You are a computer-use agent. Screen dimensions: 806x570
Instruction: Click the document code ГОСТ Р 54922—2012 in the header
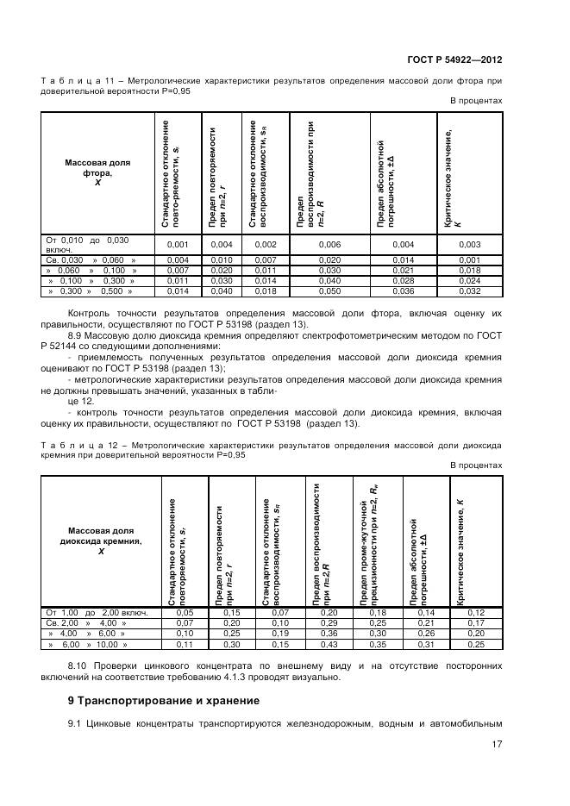coord(454,60)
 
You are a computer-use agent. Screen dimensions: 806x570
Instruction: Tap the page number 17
coord(497,745)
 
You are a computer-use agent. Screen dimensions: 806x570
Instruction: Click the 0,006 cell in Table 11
coord(329,245)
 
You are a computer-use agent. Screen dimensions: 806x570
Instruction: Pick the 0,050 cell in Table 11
coord(329,291)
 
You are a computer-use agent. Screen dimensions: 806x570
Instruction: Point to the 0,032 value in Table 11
coord(470,291)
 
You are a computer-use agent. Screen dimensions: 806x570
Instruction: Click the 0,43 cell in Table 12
coord(329,644)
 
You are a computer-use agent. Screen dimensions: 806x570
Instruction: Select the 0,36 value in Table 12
coord(329,634)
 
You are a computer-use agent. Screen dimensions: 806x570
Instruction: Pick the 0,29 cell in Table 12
coord(329,623)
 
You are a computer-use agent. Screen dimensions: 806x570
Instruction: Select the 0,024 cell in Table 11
coord(470,281)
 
